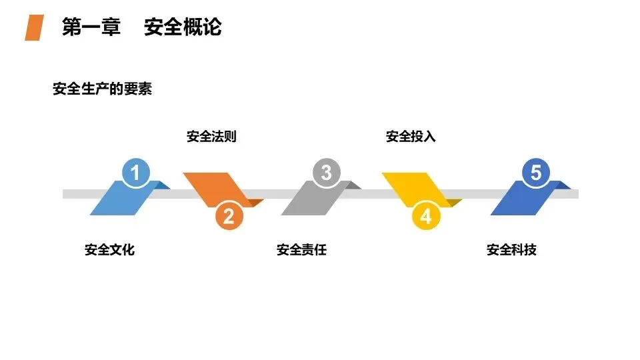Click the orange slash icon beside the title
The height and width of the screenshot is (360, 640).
(x=34, y=28)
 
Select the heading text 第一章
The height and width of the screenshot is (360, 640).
(x=91, y=27)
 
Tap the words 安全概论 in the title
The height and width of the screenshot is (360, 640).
(x=183, y=27)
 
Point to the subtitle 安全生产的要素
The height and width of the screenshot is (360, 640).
(x=102, y=89)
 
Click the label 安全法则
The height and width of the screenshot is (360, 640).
(x=211, y=137)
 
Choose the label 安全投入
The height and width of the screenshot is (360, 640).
(x=411, y=137)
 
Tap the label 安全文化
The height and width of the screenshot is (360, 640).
(x=109, y=250)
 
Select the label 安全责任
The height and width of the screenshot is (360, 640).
(x=301, y=250)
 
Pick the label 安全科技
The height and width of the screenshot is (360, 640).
(x=511, y=250)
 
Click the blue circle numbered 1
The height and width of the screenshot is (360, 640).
(x=136, y=174)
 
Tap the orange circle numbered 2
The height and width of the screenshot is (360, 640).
(x=229, y=216)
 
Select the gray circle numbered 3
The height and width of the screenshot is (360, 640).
(x=326, y=173)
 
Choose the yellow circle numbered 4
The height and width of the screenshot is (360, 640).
(x=426, y=216)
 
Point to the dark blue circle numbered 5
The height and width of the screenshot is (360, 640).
(x=536, y=173)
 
